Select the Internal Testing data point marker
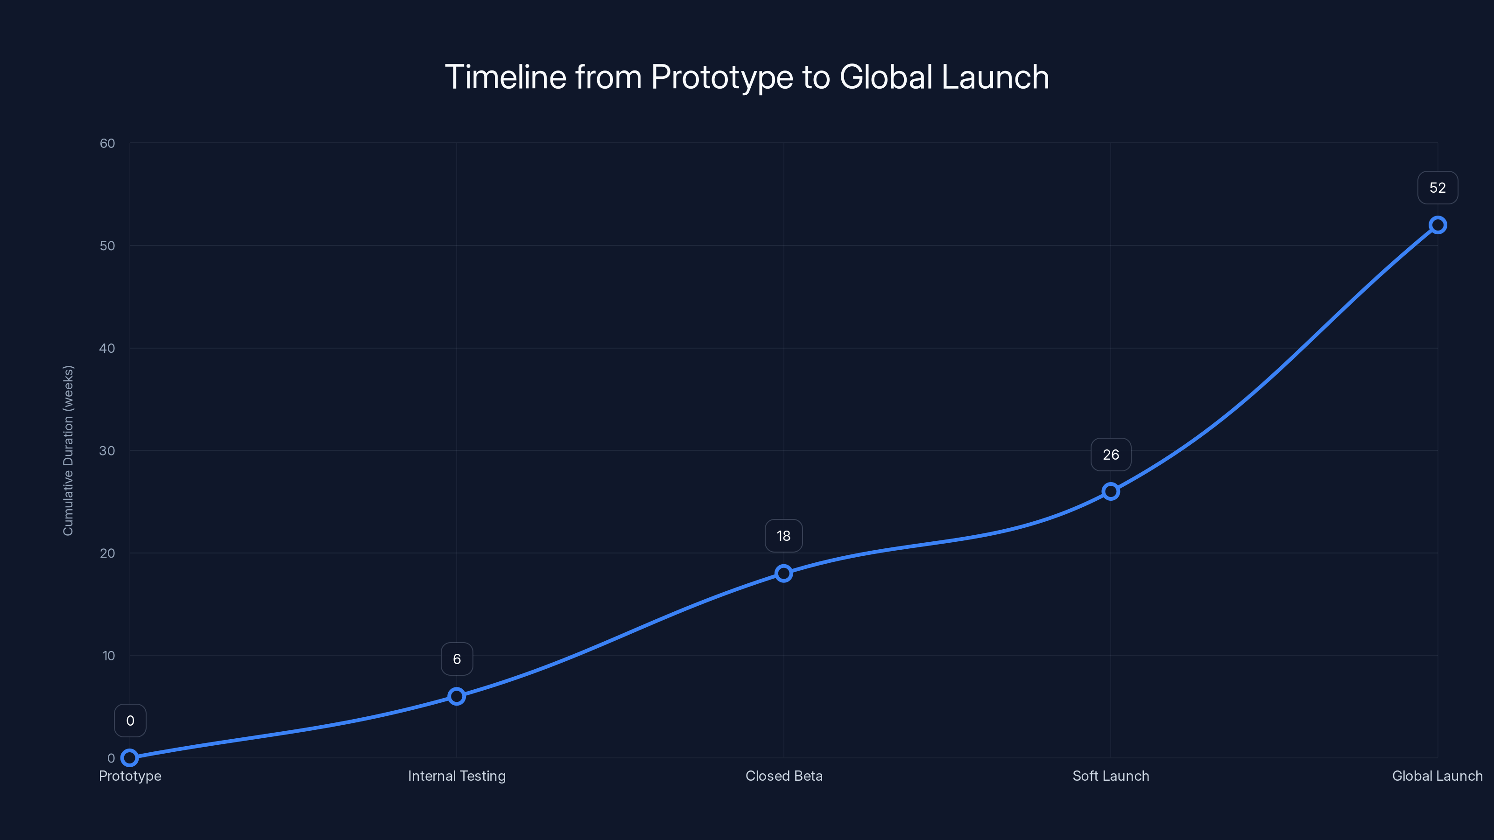click(x=457, y=696)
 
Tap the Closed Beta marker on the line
click(x=783, y=574)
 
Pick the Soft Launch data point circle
click(x=1111, y=491)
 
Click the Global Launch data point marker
click(x=1438, y=225)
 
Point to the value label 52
click(x=1438, y=188)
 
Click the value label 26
click(x=1111, y=455)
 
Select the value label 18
click(x=783, y=536)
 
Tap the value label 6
click(x=457, y=659)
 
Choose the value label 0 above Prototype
click(x=130, y=721)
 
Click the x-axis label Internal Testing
click(x=457, y=776)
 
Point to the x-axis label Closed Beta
click(x=783, y=776)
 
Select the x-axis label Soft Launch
click(x=1111, y=776)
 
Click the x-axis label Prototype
click(x=130, y=776)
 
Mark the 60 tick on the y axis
click(x=107, y=143)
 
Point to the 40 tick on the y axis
click(x=107, y=348)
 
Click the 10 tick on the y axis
click(x=108, y=656)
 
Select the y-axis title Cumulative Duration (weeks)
click(x=69, y=450)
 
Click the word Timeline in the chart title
click(x=505, y=77)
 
